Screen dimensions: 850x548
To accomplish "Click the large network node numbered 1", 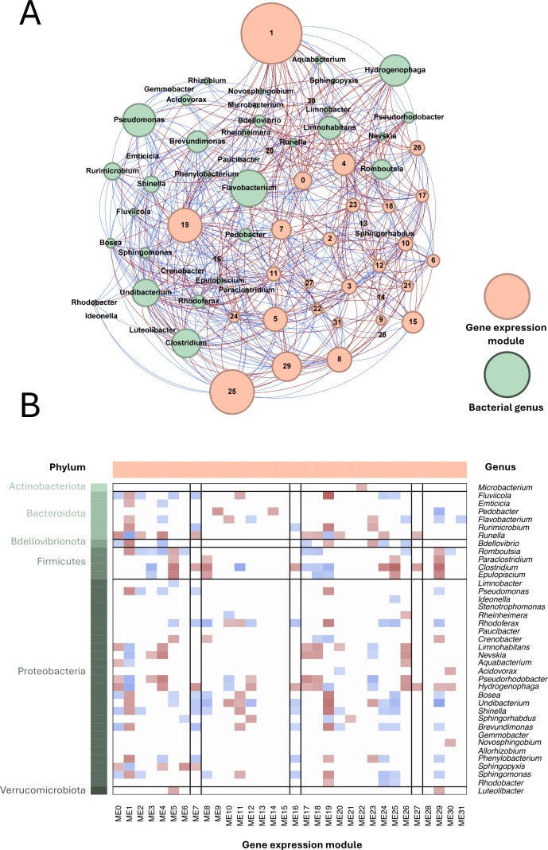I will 271,33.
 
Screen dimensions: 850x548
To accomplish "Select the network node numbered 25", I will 232,392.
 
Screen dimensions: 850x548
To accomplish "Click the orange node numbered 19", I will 185,225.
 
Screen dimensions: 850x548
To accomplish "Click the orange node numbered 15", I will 413,322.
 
